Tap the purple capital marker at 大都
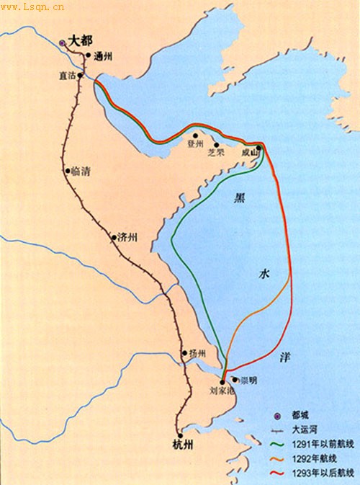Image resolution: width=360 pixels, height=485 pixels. [x=62, y=43]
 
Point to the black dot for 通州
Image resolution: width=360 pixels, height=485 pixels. [x=88, y=55]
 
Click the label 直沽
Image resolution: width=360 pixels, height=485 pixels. [x=68, y=74]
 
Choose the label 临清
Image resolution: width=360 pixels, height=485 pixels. [x=79, y=172]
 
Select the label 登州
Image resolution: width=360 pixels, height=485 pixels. [x=196, y=143]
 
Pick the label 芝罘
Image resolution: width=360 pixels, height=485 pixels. [x=216, y=153]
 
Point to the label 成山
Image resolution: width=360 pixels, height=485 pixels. [x=249, y=153]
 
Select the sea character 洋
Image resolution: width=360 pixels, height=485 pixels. [x=285, y=357]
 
